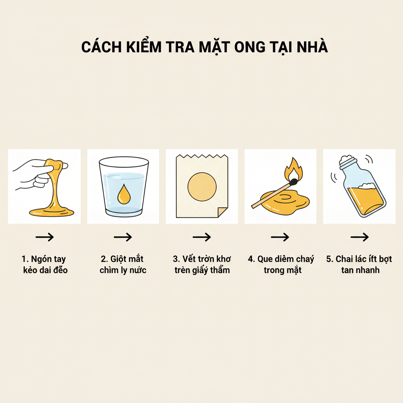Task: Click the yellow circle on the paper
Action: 202,186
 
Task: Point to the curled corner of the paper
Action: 222,212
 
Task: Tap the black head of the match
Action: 293,182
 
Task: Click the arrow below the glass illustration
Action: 123,237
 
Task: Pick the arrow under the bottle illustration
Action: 359,237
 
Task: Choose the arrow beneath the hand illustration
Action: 44,237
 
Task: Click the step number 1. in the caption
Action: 25,259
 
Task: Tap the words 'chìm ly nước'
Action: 123,270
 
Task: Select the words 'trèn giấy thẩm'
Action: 202,270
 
